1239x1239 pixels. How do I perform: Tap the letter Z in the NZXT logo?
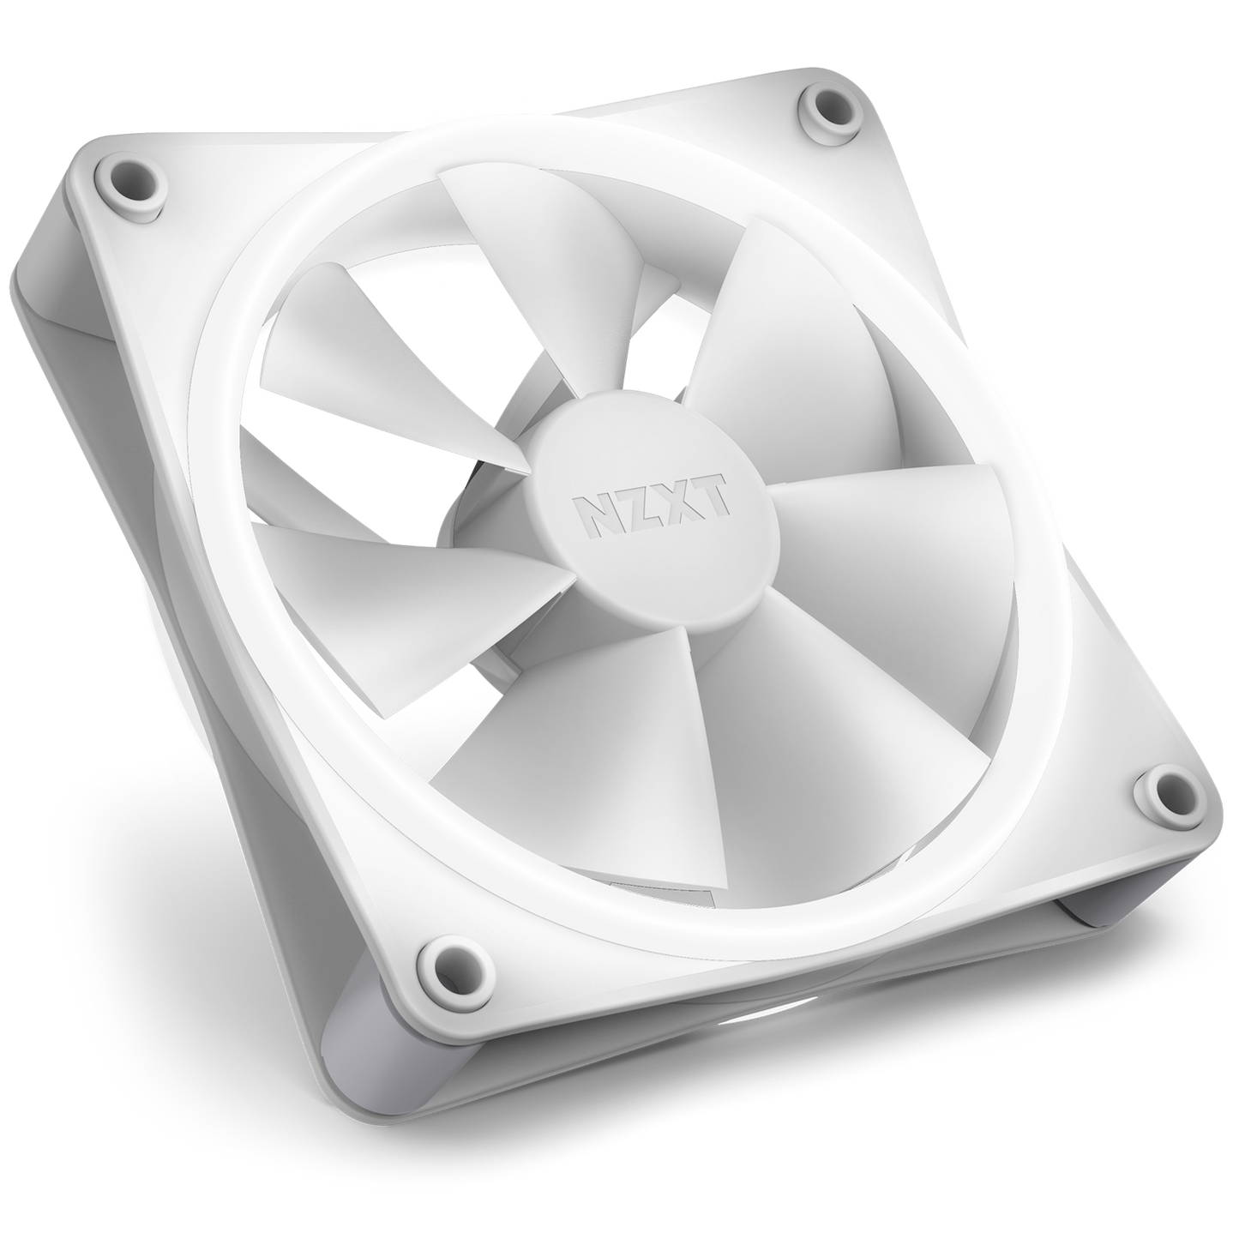[x=642, y=506]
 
